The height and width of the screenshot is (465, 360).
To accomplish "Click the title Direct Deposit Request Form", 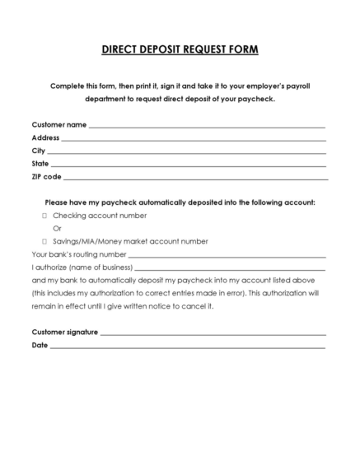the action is [x=180, y=49].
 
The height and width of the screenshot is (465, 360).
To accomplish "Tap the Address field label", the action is [x=45, y=137].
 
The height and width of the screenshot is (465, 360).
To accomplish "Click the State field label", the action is [x=40, y=164].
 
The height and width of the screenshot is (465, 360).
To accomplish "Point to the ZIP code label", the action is [x=46, y=176].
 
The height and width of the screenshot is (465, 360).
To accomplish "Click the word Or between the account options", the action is [x=58, y=228].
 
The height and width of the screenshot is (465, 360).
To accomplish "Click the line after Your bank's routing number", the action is [x=226, y=256].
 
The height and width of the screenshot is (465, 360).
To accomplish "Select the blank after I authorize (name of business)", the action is [x=229, y=268].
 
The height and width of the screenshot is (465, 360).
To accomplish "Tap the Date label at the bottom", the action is [x=40, y=345].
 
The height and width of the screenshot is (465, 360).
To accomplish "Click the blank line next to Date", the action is [x=187, y=346].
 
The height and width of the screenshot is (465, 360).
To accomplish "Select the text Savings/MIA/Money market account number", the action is [x=130, y=241].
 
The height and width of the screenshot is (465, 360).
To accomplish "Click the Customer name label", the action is [x=58, y=124].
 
